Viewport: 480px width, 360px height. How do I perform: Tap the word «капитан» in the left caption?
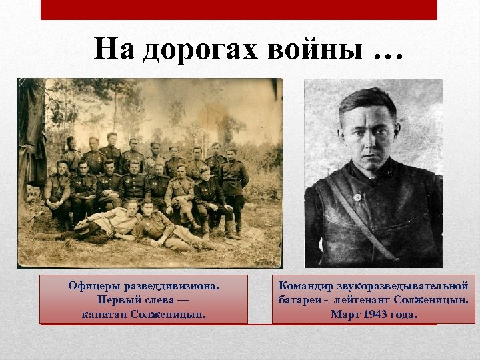[107, 313]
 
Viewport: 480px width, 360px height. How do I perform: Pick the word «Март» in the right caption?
[344, 314]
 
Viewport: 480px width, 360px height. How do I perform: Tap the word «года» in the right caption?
[403, 314]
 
